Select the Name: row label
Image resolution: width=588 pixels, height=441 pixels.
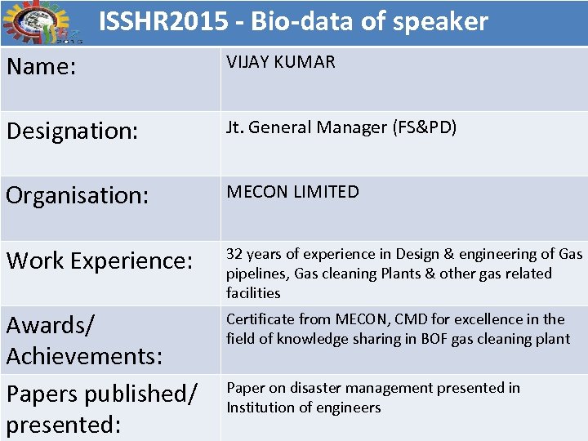tap(42, 67)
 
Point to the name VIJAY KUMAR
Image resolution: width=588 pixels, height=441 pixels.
tap(281, 63)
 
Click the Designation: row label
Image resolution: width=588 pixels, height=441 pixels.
tap(72, 131)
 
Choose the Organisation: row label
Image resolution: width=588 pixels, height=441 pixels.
tap(77, 196)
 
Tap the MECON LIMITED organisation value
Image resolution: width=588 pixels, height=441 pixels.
tap(292, 192)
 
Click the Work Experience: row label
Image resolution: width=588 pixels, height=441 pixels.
tap(99, 261)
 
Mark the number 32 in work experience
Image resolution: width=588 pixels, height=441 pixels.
tap(234, 254)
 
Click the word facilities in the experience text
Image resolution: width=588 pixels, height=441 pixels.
tap(253, 292)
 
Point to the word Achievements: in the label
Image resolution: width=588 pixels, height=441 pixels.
tap(84, 356)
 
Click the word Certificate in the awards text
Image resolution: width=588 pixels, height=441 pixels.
tap(260, 319)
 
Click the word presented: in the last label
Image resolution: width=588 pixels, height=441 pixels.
tap(64, 425)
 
